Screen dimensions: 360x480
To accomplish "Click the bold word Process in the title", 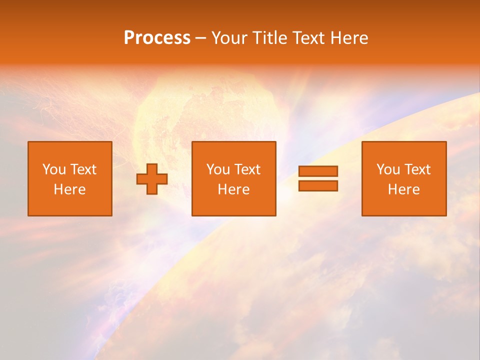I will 157,38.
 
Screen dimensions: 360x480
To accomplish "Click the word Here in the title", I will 350,38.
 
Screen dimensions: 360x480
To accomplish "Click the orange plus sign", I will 152,179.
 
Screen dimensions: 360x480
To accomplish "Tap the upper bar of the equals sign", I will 318,171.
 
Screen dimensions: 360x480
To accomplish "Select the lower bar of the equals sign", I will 318,186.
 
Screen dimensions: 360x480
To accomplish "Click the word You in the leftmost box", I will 54,169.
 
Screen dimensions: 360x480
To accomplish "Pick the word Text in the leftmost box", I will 83,169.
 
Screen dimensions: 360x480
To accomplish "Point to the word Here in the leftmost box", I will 69,189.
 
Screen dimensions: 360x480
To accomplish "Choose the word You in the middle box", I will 218,169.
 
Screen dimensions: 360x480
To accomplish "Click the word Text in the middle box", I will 247,169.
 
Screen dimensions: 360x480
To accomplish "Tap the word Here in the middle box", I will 233,189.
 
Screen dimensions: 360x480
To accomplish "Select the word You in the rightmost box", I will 388,169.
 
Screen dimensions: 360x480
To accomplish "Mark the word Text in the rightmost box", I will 417,169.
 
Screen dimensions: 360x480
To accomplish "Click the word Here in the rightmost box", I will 403,189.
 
